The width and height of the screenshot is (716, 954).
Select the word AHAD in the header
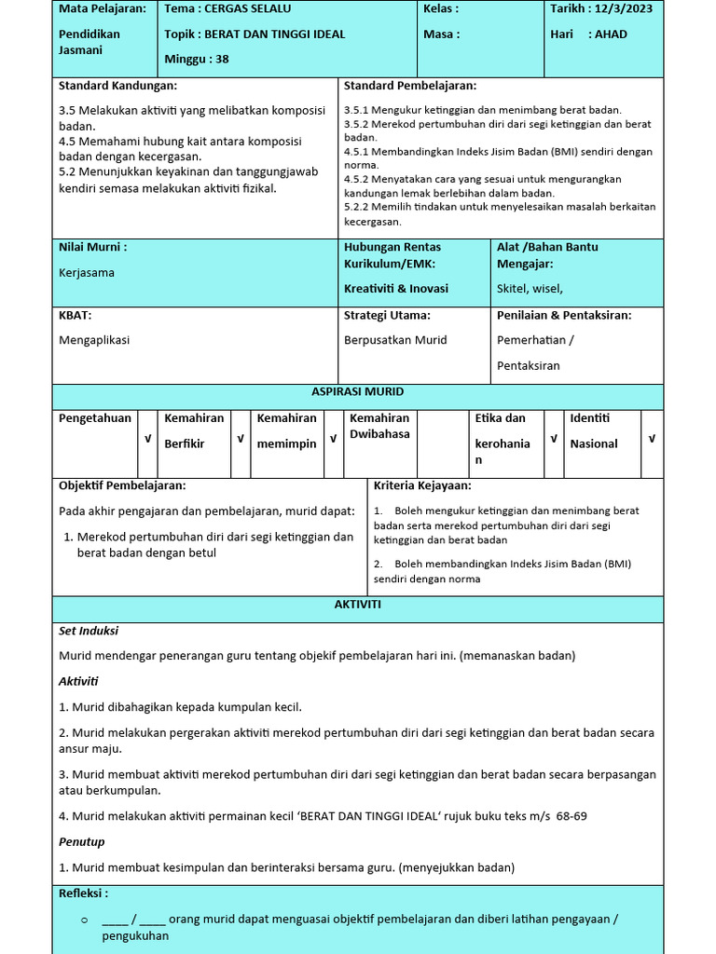pos(611,34)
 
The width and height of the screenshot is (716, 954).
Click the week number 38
pos(221,59)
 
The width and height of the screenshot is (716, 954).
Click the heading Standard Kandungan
pos(117,86)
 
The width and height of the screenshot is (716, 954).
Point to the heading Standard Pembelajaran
pos(409,86)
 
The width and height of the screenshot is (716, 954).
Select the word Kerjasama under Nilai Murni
pos(87,273)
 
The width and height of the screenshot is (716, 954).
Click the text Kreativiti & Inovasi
pos(395,289)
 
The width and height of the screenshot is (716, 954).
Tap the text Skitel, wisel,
pos(530,289)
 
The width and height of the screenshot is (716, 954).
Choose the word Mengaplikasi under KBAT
pos(94,340)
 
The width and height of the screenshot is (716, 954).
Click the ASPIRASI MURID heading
pos(357,392)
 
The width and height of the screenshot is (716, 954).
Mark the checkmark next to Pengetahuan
pos(146,439)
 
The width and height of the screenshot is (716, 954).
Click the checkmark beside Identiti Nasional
pos(652,439)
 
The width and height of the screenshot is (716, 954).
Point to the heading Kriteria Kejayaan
pos(422,486)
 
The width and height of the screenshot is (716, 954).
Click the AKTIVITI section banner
pos(357,606)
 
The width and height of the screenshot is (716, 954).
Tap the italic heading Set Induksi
pos(89,631)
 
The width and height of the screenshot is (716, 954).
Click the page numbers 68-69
pos(571,817)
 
